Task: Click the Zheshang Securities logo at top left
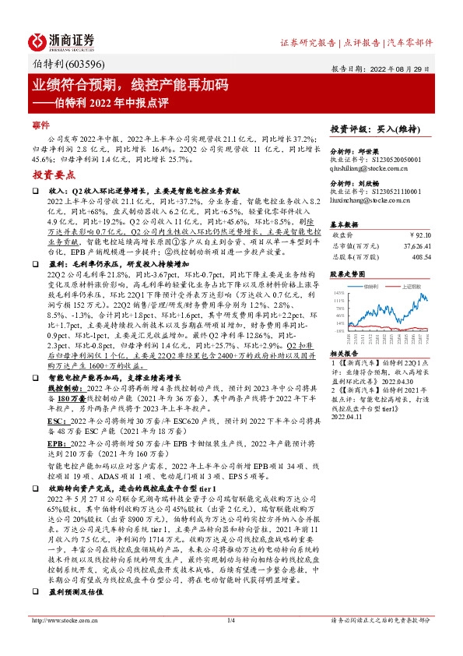(x=63, y=41)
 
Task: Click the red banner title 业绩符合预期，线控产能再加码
(x=129, y=84)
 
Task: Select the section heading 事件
(x=40, y=125)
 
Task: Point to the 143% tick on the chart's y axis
(x=339, y=292)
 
